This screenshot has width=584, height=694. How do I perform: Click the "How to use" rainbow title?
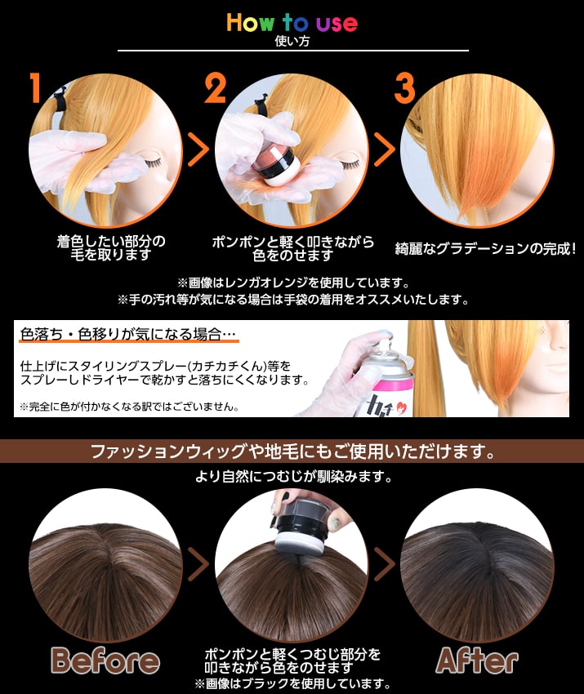tap(292, 22)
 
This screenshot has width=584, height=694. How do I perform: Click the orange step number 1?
tap(34, 88)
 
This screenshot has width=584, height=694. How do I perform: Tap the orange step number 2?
tap(215, 88)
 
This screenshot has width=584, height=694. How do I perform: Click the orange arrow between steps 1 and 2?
tap(198, 150)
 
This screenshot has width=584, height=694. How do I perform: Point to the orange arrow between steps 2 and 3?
tap(384, 150)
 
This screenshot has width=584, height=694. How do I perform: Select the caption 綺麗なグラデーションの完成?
tap(485, 248)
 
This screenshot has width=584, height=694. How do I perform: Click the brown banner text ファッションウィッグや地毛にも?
tap(292, 451)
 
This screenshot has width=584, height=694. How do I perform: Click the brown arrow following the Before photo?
tap(198, 563)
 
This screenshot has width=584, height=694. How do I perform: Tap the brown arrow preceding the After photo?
tap(384, 563)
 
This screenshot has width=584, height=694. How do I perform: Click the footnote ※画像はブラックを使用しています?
tap(292, 683)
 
